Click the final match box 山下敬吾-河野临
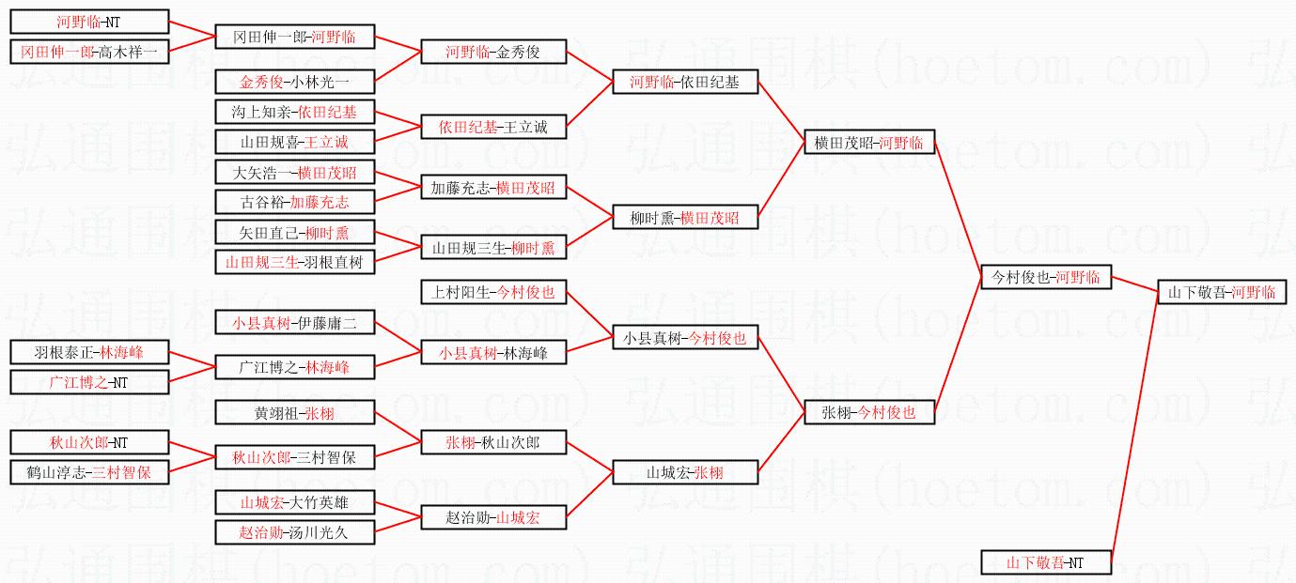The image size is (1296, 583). tap(1221, 292)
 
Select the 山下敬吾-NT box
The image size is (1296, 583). tap(1045, 562)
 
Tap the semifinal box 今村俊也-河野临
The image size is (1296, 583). tap(1045, 277)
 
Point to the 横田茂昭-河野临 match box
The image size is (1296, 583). tap(869, 143)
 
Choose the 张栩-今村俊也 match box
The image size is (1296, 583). tap(869, 411)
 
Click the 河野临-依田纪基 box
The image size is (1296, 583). tap(684, 82)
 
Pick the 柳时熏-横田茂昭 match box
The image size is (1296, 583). tap(684, 218)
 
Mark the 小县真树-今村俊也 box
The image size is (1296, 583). tap(684, 338)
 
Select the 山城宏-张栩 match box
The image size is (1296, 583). tap(684, 472)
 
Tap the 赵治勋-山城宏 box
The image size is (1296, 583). tap(493, 516)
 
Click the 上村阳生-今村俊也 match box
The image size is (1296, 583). tap(493, 292)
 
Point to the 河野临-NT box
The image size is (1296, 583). tap(89, 22)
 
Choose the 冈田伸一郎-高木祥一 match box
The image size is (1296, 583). tap(89, 52)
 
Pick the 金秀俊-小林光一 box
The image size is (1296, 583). tap(294, 82)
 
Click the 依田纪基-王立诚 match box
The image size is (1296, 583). tap(493, 127)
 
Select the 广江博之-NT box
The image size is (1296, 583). tap(89, 382)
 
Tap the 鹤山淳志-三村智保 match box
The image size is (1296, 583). tap(89, 472)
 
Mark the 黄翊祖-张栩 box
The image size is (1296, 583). tap(294, 412)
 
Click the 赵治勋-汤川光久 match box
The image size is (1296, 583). tap(294, 532)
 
